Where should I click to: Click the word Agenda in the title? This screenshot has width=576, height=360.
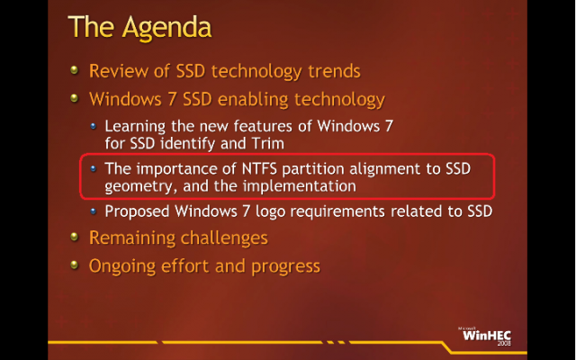tap(166, 28)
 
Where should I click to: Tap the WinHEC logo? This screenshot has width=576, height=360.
tap(486, 336)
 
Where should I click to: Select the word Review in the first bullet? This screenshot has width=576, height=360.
tap(119, 71)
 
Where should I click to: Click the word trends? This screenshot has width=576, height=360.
tap(334, 71)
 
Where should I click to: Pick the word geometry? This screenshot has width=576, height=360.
tap(139, 187)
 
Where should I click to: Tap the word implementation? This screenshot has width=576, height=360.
tap(300, 186)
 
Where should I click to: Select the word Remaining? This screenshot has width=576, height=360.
tap(132, 238)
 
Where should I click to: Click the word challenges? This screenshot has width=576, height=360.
tap(224, 238)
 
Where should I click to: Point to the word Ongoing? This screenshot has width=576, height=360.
tap(122, 266)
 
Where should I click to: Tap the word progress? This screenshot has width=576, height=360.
tap(286, 267)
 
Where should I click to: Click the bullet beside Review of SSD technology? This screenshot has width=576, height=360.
tap(75, 69)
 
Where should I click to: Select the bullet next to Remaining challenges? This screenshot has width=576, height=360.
tap(75, 237)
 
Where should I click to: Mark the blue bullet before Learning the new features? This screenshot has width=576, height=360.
tap(94, 126)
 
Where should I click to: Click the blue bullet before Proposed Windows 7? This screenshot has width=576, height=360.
tap(94, 211)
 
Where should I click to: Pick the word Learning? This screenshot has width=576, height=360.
tap(135, 127)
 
